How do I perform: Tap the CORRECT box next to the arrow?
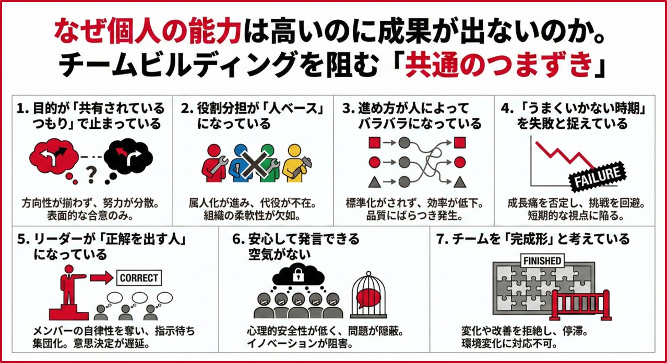[x=139, y=278]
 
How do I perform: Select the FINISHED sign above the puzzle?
[x=543, y=260]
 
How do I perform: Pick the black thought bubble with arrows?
[x=127, y=155]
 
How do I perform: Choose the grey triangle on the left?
[x=374, y=182]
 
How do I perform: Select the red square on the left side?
[x=374, y=142]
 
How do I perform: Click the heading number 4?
[x=505, y=108]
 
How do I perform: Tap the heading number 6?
[x=238, y=239]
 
